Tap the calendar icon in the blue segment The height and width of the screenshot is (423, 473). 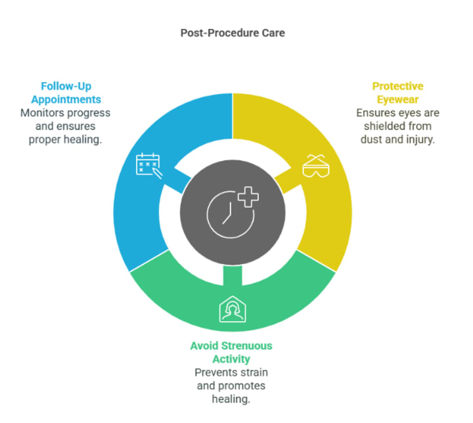pyautogui.click(x=147, y=164)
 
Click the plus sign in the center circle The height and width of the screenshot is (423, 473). pyautogui.click(x=247, y=196)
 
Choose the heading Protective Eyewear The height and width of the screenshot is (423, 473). pyautogui.click(x=398, y=93)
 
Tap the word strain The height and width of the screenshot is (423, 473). pyautogui.click(x=253, y=372)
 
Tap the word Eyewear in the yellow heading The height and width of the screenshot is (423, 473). pyautogui.click(x=398, y=99)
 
